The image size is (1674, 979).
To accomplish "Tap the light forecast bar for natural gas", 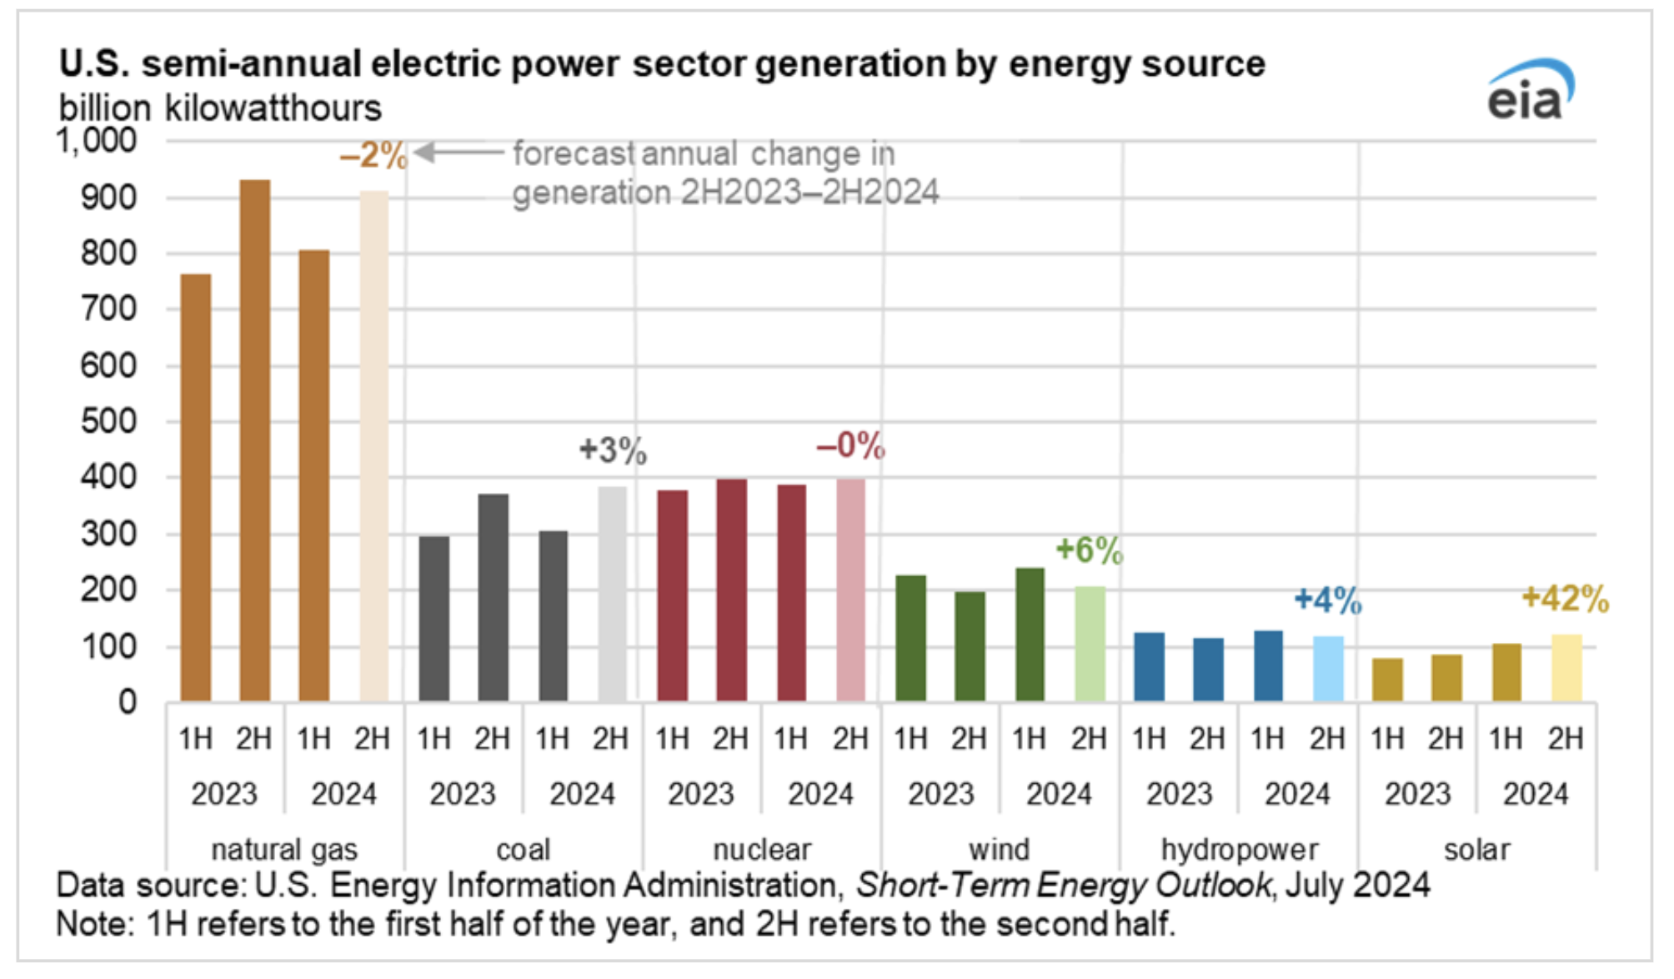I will point(374,446).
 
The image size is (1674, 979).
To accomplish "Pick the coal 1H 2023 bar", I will point(434,618).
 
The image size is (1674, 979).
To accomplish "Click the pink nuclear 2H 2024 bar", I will point(851,590).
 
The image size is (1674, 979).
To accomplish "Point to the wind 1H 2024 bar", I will point(1030,635).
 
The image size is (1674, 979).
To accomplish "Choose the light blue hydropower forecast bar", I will point(1328,668).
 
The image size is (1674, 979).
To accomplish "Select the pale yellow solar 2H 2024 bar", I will point(1566,668).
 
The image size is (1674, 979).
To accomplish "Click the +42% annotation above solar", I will point(1565,599).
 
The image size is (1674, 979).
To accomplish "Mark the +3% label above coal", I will point(613,450).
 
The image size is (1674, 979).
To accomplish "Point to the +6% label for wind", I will point(1089,550).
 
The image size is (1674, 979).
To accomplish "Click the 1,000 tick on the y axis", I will point(97,141).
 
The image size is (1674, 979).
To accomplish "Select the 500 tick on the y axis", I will point(108,422).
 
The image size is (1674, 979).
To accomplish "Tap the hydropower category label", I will point(1240,849).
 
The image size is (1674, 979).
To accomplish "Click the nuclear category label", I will point(762,849).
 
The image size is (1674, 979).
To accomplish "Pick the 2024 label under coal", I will point(582,793).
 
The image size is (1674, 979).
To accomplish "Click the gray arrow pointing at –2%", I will point(459,153).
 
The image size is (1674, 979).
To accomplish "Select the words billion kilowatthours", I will point(220,108).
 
